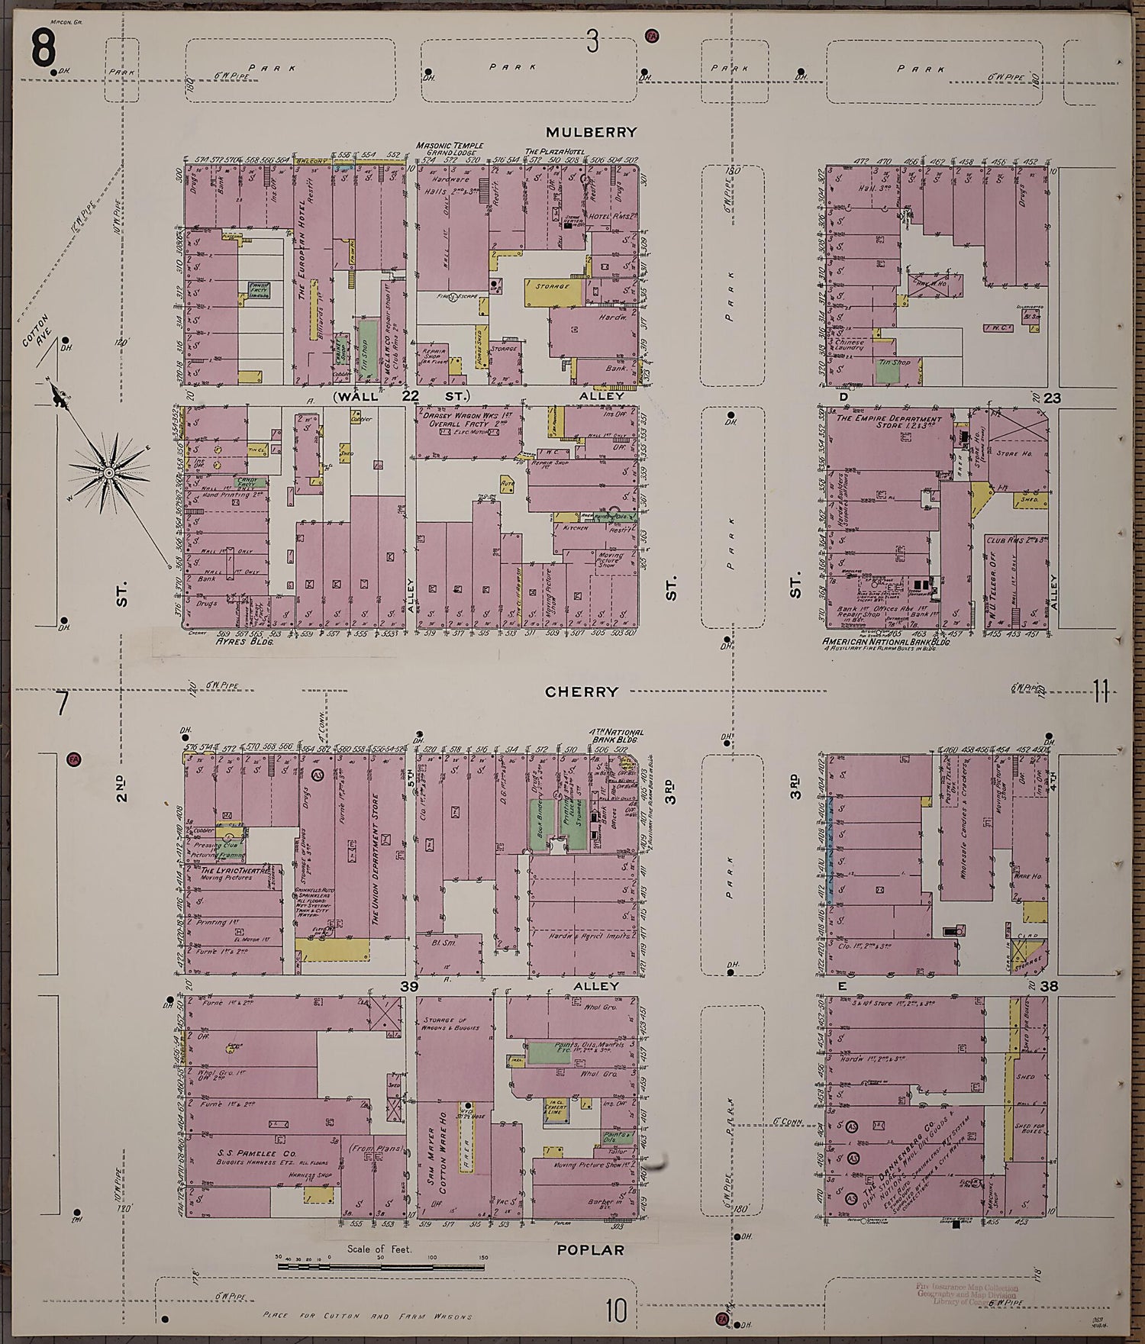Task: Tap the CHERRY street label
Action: (581, 691)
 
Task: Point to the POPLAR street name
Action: (590, 1250)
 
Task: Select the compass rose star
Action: (110, 473)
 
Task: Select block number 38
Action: (1048, 986)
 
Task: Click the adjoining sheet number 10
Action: (615, 1313)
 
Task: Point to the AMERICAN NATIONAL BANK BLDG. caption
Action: (885, 643)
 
